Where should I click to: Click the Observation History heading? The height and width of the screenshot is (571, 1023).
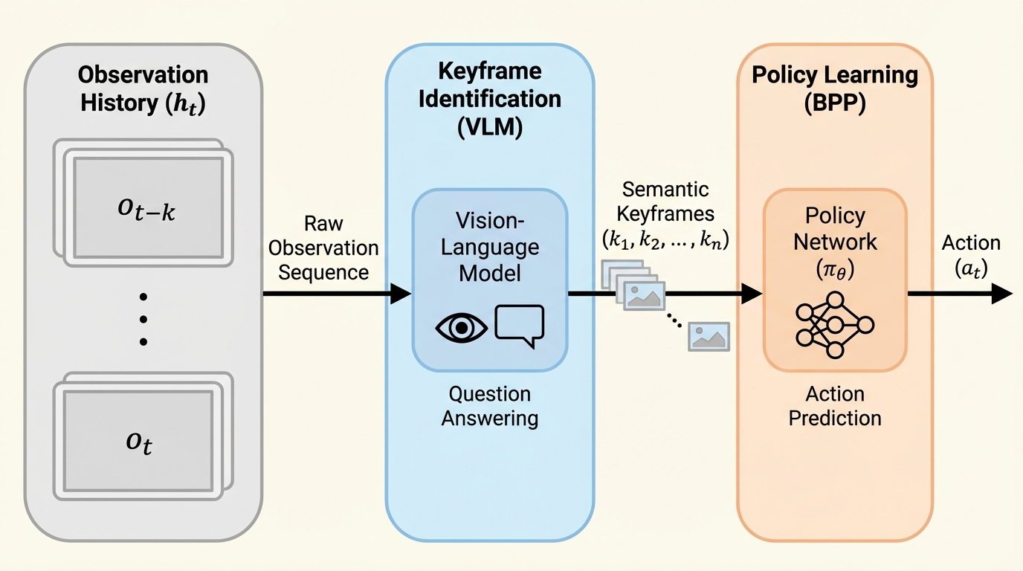[143, 88]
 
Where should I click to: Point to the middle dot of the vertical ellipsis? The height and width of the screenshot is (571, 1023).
[143, 319]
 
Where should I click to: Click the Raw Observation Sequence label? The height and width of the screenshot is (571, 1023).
[323, 248]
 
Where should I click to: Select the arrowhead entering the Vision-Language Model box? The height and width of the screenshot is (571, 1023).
[401, 294]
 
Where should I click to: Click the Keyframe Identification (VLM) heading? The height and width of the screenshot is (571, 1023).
[489, 100]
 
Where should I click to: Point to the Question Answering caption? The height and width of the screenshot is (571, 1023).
[489, 406]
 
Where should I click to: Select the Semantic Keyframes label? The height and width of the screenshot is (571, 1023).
[665, 214]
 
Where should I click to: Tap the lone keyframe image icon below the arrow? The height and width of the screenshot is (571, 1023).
[709, 336]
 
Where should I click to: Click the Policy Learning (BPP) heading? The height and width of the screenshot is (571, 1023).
[835, 88]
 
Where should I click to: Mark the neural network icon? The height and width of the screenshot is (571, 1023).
[835, 325]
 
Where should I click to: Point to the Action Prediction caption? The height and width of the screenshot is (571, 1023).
[835, 406]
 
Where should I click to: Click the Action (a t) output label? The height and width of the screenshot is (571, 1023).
[971, 256]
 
